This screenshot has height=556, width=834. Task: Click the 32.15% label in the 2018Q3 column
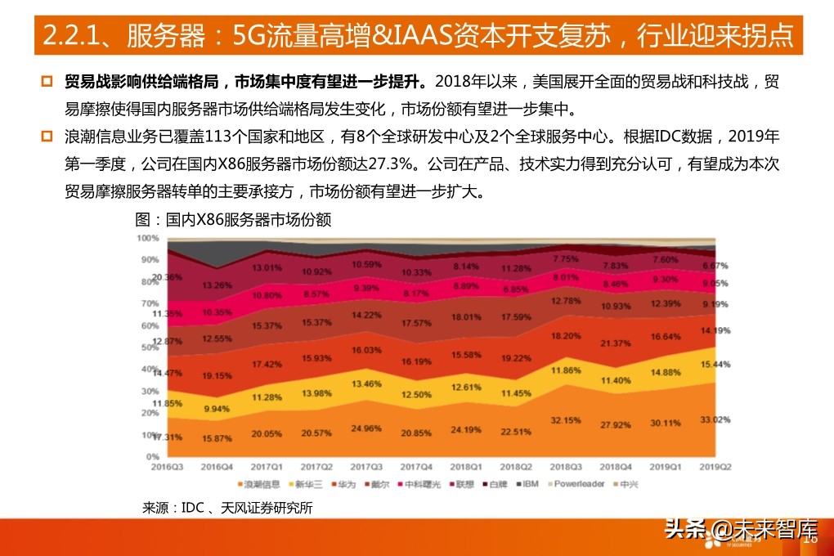[565, 419]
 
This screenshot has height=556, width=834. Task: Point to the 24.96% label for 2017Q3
[366, 428]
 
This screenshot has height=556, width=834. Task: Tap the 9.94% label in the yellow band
[217, 408]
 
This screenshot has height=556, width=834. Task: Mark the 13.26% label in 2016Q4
[217, 285]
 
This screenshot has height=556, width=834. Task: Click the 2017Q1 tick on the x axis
[267, 465]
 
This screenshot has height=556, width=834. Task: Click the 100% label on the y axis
[147, 238]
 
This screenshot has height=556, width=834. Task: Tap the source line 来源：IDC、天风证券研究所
[227, 508]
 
